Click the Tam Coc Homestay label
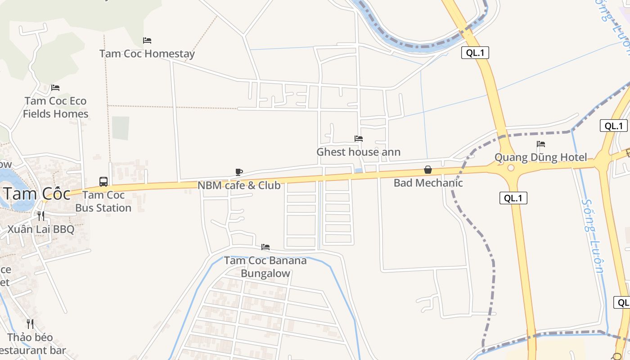[147, 54]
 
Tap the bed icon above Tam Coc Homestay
[147, 40]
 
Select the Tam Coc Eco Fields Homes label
[56, 107]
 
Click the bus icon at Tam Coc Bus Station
[103, 182]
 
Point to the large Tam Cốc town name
[37, 193]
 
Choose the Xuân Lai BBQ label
[41, 229]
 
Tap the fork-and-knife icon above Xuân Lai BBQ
[41, 216]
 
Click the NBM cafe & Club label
[239, 185]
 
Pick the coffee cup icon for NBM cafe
[239, 172]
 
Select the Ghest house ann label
[358, 152]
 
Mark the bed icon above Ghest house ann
[359, 139]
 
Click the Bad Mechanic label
[428, 183]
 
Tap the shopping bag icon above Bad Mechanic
[428, 170]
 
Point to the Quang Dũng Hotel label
[541, 157]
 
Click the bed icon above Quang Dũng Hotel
[541, 144]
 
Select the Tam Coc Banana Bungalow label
[265, 267]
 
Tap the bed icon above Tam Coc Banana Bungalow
[265, 247]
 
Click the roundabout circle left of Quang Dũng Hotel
[510, 168]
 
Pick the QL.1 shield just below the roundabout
[513, 198]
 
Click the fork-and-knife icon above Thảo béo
[30, 324]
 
